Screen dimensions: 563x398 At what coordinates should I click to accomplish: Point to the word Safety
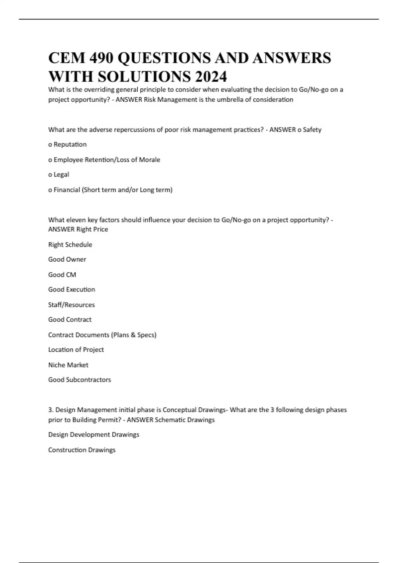[312, 130]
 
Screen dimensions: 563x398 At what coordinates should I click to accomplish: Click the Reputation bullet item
[68, 144]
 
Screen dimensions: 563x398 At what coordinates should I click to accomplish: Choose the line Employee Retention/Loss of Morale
[104, 160]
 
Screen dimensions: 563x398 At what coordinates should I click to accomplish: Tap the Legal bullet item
[59, 175]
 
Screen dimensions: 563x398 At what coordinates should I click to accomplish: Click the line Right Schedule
[70, 245]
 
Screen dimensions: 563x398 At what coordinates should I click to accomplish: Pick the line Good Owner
[67, 259]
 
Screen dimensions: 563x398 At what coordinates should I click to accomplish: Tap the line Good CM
[62, 275]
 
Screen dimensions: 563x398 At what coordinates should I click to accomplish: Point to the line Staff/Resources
[71, 305]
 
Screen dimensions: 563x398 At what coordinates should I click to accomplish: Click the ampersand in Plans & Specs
[133, 335]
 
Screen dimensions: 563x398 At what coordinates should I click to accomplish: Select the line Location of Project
[76, 350]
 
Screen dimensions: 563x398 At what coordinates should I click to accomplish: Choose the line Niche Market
[68, 365]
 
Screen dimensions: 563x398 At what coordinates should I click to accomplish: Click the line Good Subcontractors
[80, 380]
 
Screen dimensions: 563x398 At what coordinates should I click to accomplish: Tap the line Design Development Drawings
[94, 435]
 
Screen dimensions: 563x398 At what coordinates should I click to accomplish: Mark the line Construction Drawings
[82, 450]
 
